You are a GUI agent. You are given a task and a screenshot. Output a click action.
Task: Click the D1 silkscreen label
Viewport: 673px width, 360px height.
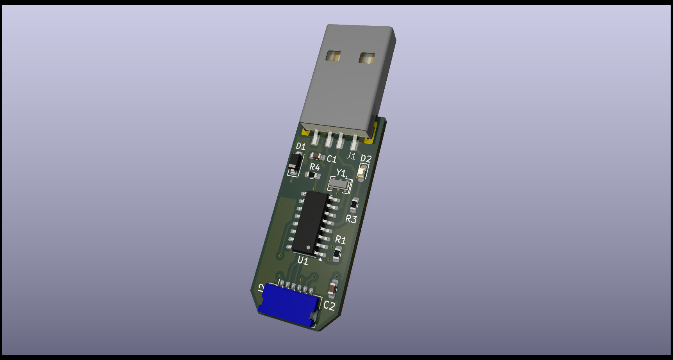point(300,147)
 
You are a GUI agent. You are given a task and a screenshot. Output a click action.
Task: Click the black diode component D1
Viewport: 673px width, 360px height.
point(295,163)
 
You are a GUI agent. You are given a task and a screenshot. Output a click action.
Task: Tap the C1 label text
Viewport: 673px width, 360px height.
point(332,159)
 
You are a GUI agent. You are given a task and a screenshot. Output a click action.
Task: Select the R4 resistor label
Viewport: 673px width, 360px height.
point(314,167)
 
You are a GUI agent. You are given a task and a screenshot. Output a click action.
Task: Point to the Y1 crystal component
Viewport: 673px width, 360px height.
point(338,184)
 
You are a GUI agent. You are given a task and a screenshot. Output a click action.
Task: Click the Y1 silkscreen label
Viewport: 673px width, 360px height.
point(341,173)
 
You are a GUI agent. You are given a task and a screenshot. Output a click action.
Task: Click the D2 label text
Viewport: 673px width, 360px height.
point(366,158)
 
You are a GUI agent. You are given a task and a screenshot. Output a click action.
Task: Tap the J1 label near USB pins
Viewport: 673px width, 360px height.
point(351,156)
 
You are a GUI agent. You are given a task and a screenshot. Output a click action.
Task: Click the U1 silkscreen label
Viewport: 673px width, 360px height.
point(303,260)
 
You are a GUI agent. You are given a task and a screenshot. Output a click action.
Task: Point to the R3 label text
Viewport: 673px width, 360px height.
point(351,219)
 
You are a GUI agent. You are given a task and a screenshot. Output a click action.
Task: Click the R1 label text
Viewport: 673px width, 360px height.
point(340,239)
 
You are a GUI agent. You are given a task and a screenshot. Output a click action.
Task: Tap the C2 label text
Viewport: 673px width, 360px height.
point(329,305)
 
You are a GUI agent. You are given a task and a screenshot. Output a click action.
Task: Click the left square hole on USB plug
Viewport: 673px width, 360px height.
point(333,56)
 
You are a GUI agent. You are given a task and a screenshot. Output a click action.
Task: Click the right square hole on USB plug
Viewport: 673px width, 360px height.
point(367,58)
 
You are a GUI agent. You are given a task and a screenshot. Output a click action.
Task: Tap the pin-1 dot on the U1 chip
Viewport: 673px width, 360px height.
point(309,247)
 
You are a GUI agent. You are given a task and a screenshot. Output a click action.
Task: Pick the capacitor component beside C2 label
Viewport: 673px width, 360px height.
point(332,288)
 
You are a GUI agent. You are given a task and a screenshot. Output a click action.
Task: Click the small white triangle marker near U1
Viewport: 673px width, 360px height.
point(320,259)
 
